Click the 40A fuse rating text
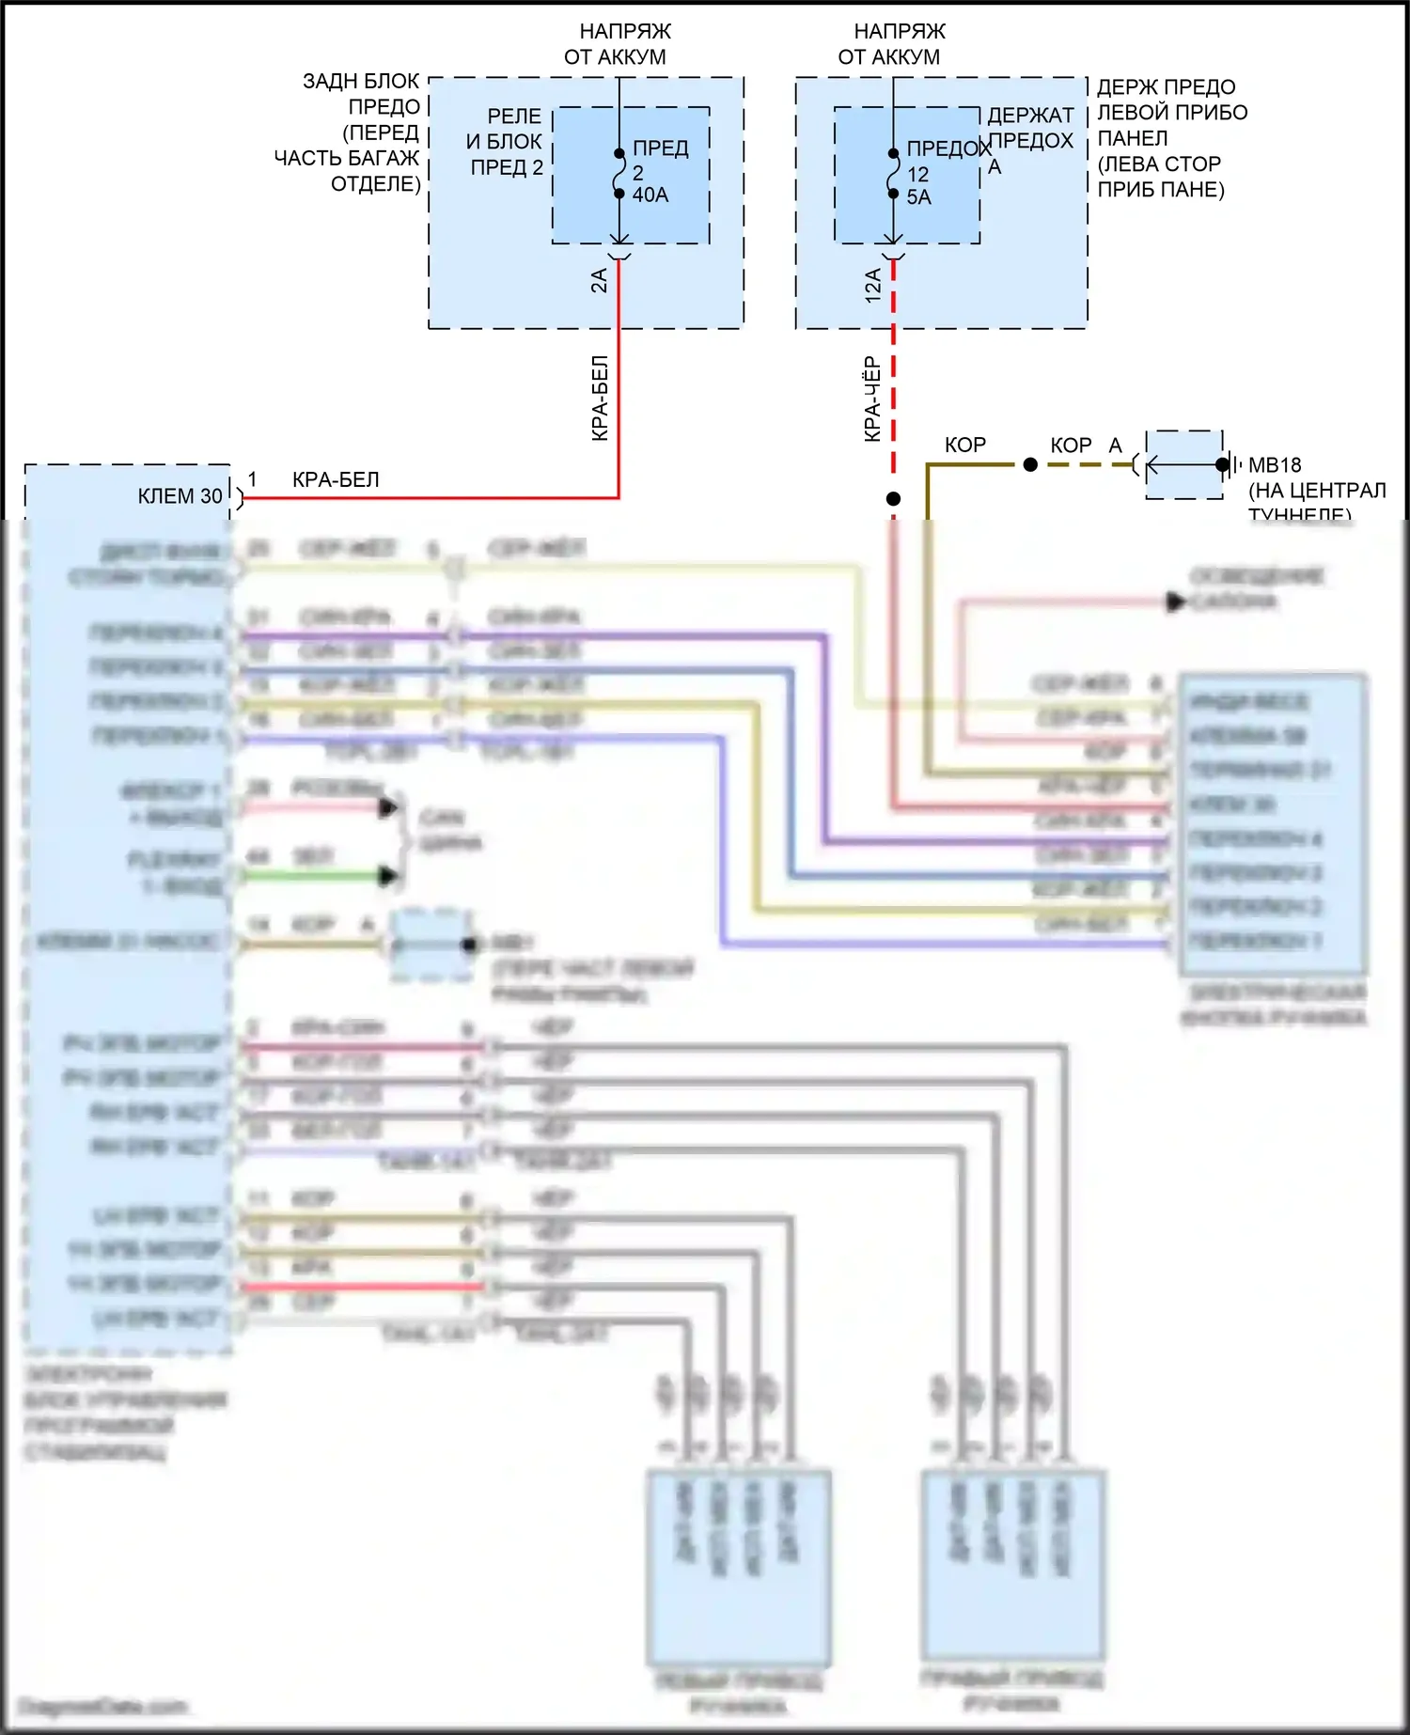[650, 195]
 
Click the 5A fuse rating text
[918, 197]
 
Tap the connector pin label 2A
[599, 280]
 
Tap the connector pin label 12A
[872, 285]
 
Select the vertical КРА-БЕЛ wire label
[600, 398]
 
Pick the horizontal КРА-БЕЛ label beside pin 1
[336, 480]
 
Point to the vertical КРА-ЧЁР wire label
[872, 399]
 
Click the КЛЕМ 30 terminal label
[180, 496]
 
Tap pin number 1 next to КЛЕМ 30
[252, 479]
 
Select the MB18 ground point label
[1275, 465]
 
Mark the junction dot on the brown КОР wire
[1030, 464]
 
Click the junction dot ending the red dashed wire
[893, 499]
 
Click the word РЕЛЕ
[514, 117]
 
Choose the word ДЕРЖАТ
[1030, 116]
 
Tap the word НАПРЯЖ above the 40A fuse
[625, 32]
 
